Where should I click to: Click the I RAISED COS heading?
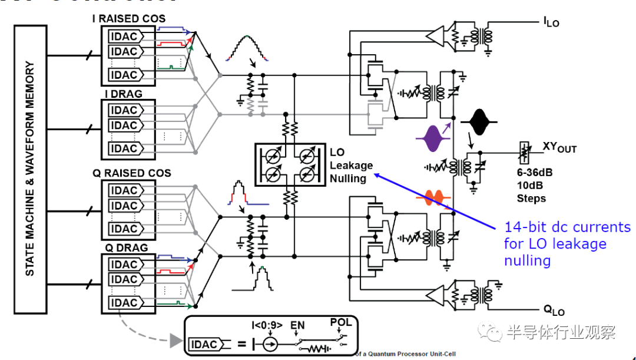click(128, 19)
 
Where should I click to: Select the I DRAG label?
click(123, 94)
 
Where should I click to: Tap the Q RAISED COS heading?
click(131, 173)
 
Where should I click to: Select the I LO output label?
click(551, 22)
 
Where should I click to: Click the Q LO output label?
click(553, 310)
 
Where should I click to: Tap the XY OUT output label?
click(559, 147)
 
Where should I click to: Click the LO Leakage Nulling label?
click(351, 165)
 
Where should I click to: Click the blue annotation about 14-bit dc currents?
click(567, 244)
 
